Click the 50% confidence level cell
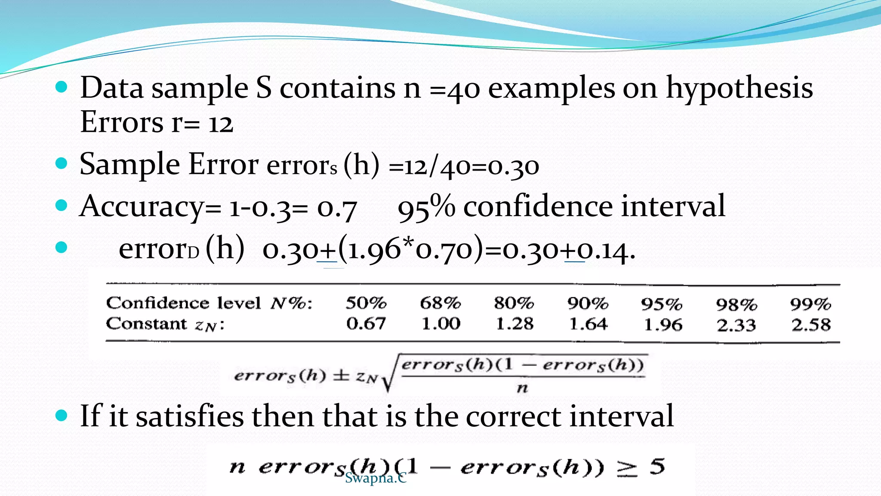(366, 303)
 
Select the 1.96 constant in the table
(663, 325)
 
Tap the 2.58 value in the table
(811, 325)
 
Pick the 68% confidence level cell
(440, 303)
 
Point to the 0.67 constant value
(366, 323)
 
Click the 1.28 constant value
(514, 324)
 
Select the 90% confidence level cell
(588, 304)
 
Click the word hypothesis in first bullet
(739, 88)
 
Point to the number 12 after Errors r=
(221, 124)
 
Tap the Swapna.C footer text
(376, 478)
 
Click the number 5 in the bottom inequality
(657, 467)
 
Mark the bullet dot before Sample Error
(62, 164)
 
